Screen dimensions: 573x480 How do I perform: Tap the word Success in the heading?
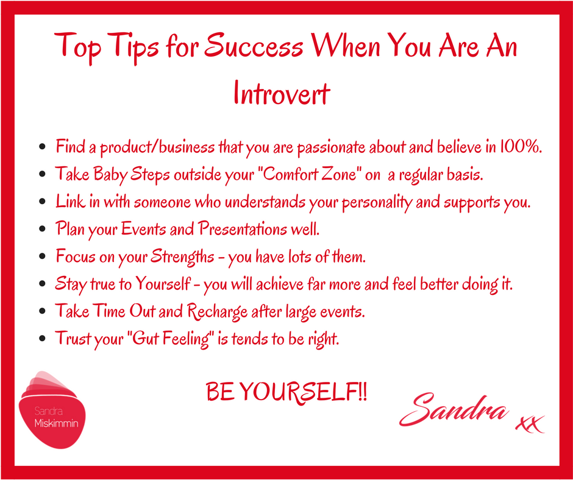(253, 46)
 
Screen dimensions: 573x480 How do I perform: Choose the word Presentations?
(243, 229)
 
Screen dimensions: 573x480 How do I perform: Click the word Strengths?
(182, 256)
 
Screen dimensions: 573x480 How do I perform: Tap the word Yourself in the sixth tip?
(163, 284)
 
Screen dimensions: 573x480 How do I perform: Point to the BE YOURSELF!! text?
(286, 392)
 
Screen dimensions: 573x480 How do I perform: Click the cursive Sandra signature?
(454, 409)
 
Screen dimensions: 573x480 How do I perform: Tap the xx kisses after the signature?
(530, 425)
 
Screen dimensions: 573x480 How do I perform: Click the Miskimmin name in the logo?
(56, 424)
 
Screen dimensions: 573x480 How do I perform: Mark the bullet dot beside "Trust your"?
(42, 339)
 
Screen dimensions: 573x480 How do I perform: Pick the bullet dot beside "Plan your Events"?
(42, 229)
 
